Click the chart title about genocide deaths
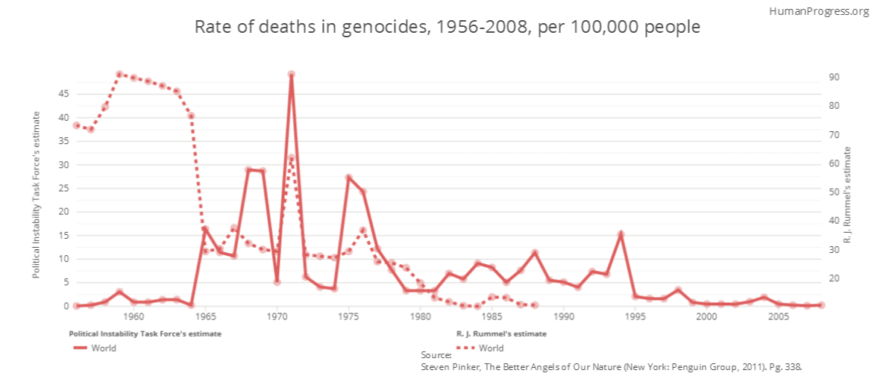coord(447,28)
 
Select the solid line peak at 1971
coord(291,75)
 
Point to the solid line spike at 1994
coord(621,234)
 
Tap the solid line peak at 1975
coord(348,178)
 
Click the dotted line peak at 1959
coord(119,75)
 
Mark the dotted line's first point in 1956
coord(76,125)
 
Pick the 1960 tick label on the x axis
coord(134,316)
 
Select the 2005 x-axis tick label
coord(779,316)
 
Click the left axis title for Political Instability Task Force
coord(36,194)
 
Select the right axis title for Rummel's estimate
coord(868,194)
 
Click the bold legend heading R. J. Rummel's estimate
coord(501,334)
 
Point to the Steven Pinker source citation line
coord(611,367)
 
